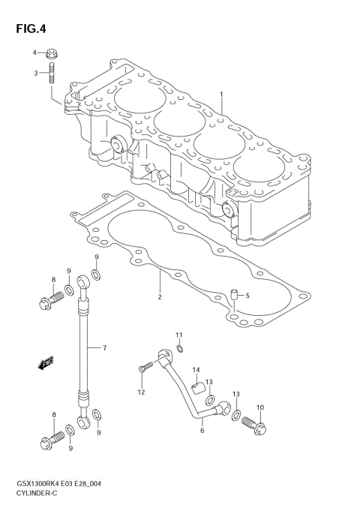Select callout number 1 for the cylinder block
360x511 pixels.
point(221,94)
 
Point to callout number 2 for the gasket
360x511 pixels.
point(159,297)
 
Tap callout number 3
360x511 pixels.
point(34,73)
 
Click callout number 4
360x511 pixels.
point(34,53)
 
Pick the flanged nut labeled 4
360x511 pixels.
point(52,54)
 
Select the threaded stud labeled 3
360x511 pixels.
point(52,74)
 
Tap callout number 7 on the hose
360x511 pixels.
point(104,347)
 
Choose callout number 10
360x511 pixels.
point(261,407)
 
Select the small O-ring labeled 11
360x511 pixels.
point(180,348)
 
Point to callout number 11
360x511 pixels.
point(179,334)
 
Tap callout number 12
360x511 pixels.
point(140,392)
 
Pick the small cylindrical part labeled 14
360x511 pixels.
point(196,387)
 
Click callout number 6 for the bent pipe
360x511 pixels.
point(201,431)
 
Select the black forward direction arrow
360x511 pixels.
point(45,362)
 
